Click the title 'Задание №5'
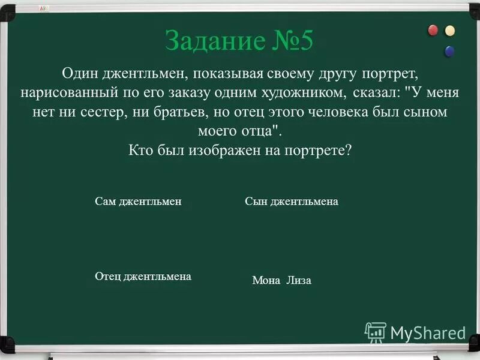239,41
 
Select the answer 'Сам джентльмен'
138,202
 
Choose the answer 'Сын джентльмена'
292,202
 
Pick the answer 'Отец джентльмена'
143,277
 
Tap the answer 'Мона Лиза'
281,280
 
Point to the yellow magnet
449,31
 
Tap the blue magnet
449,51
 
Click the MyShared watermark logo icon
376,332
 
